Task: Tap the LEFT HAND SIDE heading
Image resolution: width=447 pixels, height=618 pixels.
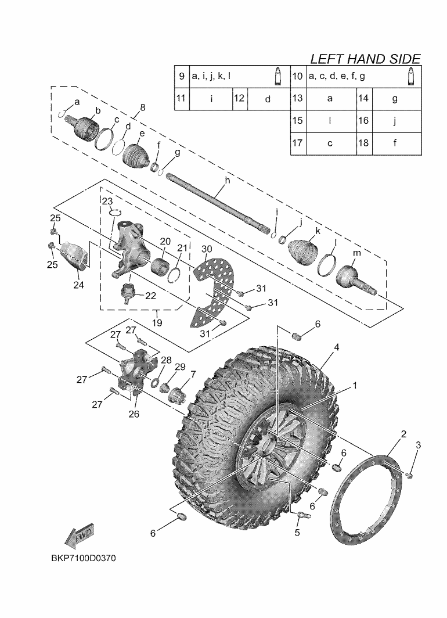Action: click(x=365, y=59)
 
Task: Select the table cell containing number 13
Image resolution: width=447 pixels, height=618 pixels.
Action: click(x=297, y=98)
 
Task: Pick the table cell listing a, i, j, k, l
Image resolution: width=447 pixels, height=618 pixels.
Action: click(x=211, y=76)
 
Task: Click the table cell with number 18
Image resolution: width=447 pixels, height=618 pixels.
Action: click(x=363, y=143)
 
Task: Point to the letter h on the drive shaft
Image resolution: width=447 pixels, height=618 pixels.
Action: click(x=227, y=181)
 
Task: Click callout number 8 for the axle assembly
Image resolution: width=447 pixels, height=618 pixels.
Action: click(x=143, y=107)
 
